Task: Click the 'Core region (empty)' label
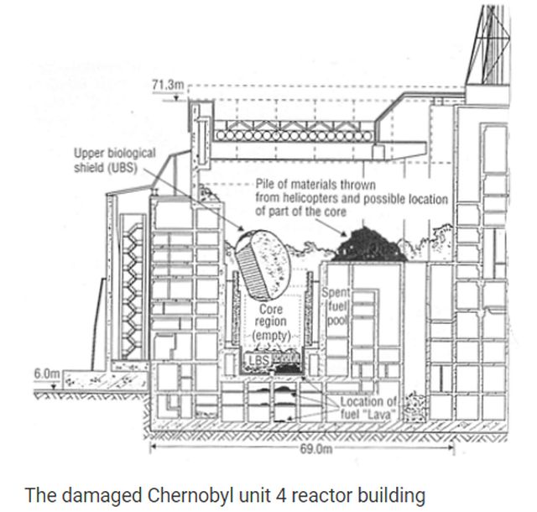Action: [273, 321]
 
